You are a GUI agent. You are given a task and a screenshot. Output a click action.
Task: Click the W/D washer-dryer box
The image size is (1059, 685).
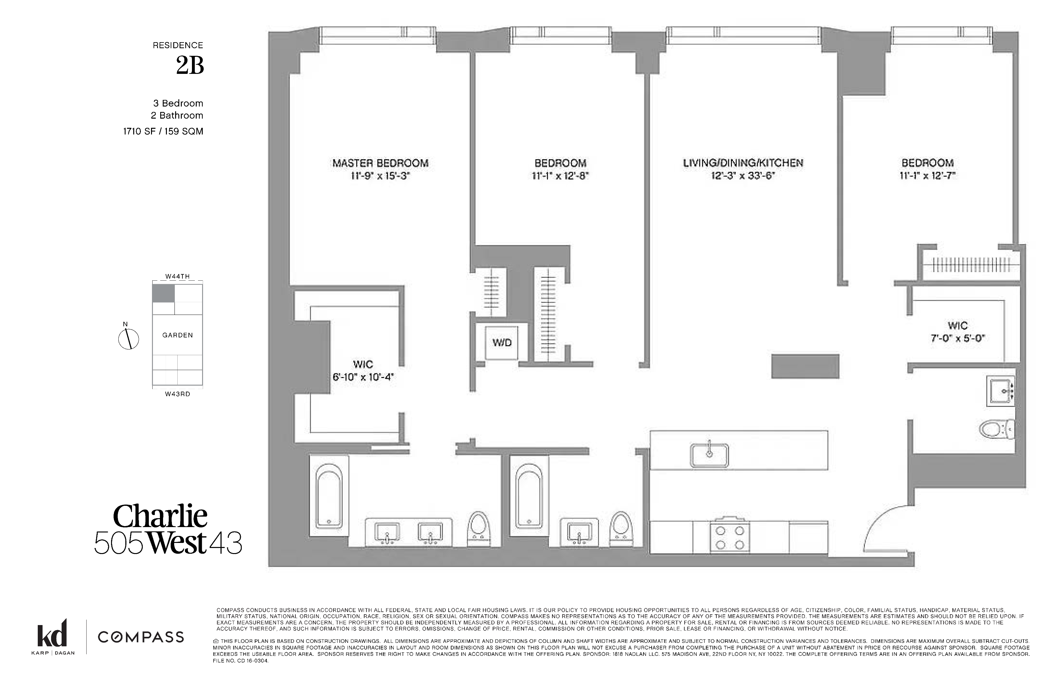coord(502,342)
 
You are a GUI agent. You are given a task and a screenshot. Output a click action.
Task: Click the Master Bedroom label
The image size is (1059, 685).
coord(380,163)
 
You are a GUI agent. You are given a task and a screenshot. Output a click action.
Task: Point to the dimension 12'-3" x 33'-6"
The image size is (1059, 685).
coord(743,176)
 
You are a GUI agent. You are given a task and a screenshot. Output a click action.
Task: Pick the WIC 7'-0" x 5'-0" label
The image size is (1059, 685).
coord(957,332)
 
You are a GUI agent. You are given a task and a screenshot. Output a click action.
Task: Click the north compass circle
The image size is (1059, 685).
coord(128,339)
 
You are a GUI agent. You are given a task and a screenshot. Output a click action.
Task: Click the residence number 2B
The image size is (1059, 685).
coord(190,66)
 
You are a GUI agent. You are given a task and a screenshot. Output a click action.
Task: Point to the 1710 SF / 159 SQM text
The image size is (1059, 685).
coord(163,131)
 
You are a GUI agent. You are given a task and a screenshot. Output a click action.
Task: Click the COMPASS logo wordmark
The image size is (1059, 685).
coord(141,637)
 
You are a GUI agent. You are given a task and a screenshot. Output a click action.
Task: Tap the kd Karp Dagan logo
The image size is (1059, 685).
coord(52,636)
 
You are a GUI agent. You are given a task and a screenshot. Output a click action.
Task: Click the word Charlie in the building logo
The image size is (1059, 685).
coord(160,517)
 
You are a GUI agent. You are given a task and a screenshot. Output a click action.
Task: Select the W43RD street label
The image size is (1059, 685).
coord(178,394)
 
